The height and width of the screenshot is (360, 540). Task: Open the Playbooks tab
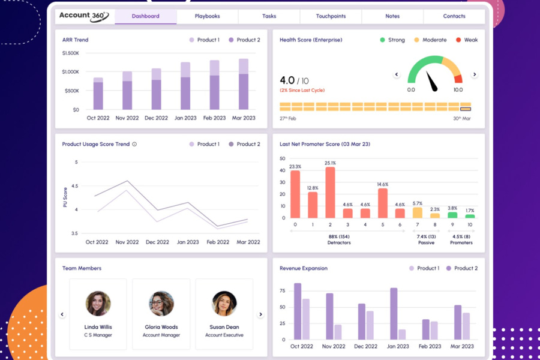pos(207,16)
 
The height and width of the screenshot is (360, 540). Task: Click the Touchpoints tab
pos(331,16)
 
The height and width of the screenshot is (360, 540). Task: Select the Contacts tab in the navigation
pos(454,16)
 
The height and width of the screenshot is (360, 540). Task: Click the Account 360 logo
pos(84,16)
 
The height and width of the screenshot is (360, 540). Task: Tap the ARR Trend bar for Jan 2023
pos(185,86)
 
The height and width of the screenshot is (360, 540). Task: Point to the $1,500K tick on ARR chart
pos(70,53)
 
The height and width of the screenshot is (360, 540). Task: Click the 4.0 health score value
pos(287,80)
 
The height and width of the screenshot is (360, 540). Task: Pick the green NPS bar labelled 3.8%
pos(452,215)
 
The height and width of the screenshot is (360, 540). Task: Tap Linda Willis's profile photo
pos(98,304)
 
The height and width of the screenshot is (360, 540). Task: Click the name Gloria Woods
pos(161,327)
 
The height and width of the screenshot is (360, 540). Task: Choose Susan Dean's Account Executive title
pos(224,335)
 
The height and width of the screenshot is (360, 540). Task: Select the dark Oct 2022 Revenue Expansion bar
pos(298,311)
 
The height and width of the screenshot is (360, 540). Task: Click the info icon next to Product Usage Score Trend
pos(134,144)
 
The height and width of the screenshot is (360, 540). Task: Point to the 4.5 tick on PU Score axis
pos(75,186)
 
